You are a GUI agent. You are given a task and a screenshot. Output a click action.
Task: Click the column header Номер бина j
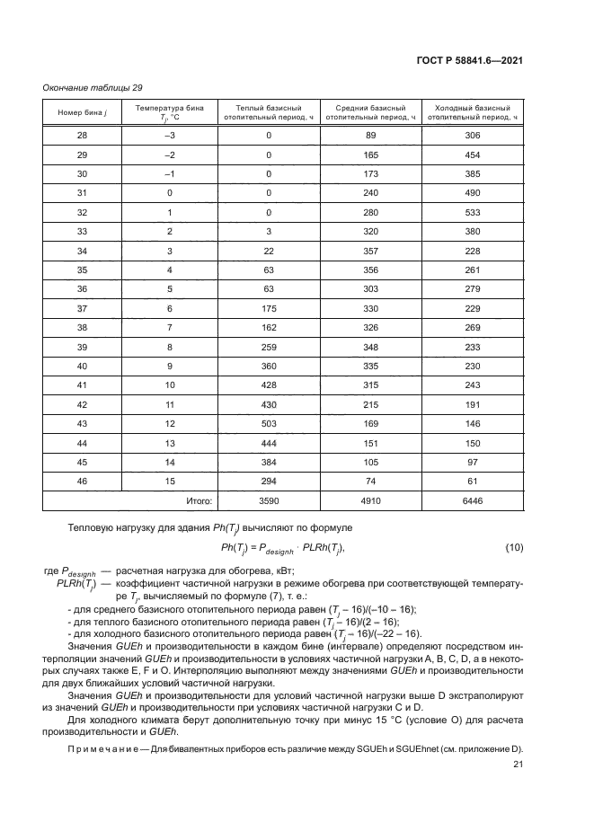[x=82, y=112]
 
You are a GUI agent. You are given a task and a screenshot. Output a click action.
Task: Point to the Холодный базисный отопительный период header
[x=473, y=112]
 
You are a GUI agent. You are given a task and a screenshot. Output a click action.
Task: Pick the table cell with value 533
[x=473, y=213]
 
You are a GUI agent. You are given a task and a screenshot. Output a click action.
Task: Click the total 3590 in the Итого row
[x=268, y=500]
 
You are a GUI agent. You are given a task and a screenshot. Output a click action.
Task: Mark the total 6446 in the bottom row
[x=473, y=500]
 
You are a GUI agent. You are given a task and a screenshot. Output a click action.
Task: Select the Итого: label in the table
[x=199, y=500]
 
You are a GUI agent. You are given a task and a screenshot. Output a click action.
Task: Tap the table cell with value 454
[x=473, y=155]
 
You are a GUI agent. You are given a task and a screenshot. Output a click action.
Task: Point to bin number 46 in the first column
[x=82, y=481]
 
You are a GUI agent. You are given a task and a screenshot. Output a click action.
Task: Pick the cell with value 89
[x=370, y=135]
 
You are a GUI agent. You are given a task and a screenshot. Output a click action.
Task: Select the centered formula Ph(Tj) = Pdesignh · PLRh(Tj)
[x=282, y=547]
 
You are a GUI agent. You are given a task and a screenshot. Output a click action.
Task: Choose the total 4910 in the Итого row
[x=370, y=500]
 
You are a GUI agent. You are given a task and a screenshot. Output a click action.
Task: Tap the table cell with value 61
[x=473, y=481]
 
